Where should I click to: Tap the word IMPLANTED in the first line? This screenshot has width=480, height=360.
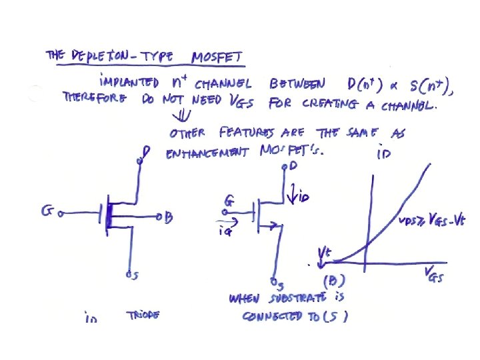pyautogui.click(x=129, y=83)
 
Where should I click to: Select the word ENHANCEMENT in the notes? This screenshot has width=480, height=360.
pyautogui.click(x=205, y=153)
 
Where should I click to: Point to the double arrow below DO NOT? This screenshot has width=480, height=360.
pyautogui.click(x=178, y=115)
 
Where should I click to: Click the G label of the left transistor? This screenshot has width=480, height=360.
pyautogui.click(x=47, y=212)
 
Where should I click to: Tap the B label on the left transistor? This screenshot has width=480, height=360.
pyautogui.click(x=169, y=217)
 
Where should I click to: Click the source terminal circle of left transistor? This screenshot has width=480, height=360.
pyautogui.click(x=127, y=273)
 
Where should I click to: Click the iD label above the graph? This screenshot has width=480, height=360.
pyautogui.click(x=383, y=155)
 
